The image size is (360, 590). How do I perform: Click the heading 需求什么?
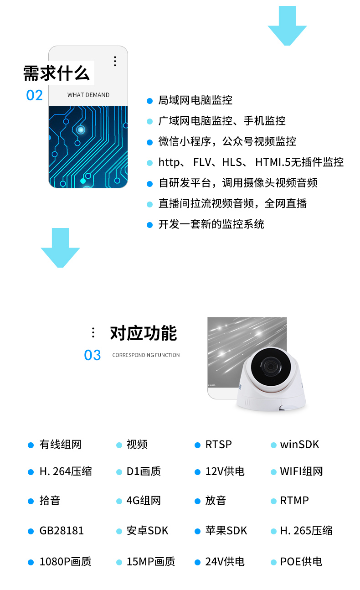(x=57, y=73)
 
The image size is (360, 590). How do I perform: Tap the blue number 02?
(x=35, y=95)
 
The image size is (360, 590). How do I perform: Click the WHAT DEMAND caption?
(x=88, y=95)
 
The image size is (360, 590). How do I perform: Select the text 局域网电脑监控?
(x=195, y=100)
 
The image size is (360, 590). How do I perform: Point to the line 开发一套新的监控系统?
(x=211, y=224)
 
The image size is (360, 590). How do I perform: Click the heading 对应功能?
(x=144, y=333)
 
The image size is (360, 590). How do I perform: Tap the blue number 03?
(x=93, y=355)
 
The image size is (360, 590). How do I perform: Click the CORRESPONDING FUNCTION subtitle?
(x=146, y=355)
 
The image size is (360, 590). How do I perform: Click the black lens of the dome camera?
(x=271, y=366)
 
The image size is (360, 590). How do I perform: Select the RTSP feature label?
(x=218, y=445)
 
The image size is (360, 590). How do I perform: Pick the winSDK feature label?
(x=299, y=445)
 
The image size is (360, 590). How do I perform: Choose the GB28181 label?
(x=62, y=531)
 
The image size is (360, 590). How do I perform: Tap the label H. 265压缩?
(x=306, y=531)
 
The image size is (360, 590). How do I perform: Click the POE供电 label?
(x=301, y=562)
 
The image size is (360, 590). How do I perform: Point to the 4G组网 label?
(x=144, y=501)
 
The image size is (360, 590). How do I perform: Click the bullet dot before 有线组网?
(x=31, y=445)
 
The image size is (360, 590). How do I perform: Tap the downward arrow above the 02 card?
(x=287, y=26)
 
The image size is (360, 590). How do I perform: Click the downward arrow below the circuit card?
(x=60, y=248)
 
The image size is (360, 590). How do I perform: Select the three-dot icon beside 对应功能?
(x=93, y=332)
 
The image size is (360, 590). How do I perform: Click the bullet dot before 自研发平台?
(x=149, y=184)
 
